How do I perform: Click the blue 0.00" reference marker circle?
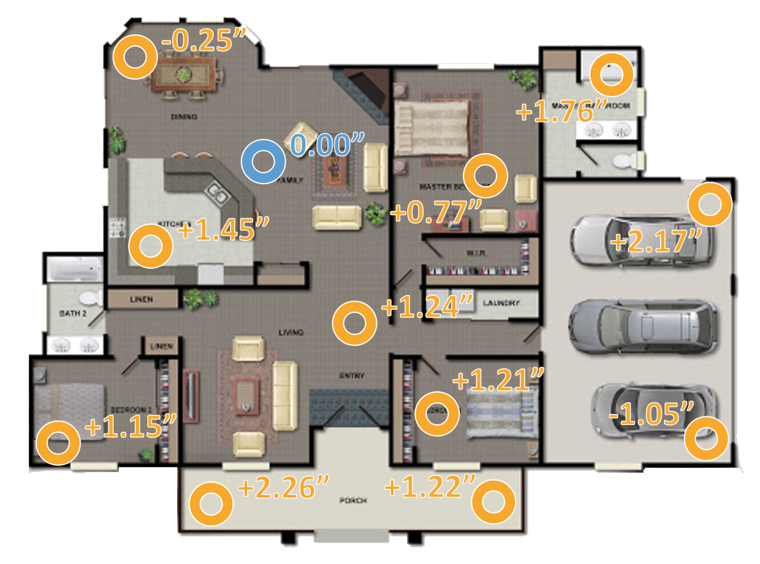coord(263,162)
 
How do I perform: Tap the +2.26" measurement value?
coord(283,487)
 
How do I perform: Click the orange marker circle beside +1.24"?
coord(354,323)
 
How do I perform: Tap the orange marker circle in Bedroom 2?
coord(58,443)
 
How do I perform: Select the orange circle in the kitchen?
coord(150,246)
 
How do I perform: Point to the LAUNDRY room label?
coord(501,303)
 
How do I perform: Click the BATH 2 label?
coord(73,313)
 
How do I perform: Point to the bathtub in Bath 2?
coord(74,268)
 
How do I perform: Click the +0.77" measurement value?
coord(435,212)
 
